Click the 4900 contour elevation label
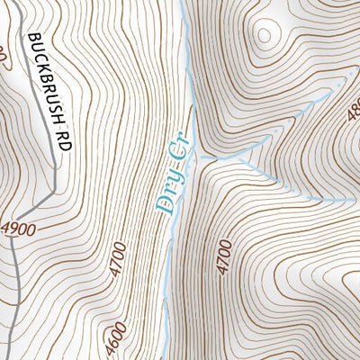click(18, 229)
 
